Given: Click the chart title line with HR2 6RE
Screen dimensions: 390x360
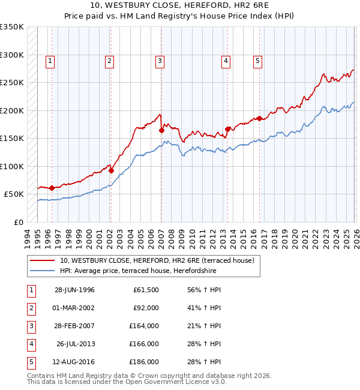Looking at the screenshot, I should click(x=179, y=5).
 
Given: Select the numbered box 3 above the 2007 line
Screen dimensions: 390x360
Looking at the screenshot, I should click(x=160, y=60).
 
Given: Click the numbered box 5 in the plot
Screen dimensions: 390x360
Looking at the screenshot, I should click(x=257, y=60).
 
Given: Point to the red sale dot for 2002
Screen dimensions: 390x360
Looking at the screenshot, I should click(x=112, y=170).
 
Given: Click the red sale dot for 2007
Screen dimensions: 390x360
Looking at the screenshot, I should click(x=161, y=130).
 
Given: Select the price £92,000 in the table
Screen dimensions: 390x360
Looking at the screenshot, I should click(x=146, y=308).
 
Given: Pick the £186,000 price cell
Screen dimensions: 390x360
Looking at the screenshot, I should click(x=144, y=362).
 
